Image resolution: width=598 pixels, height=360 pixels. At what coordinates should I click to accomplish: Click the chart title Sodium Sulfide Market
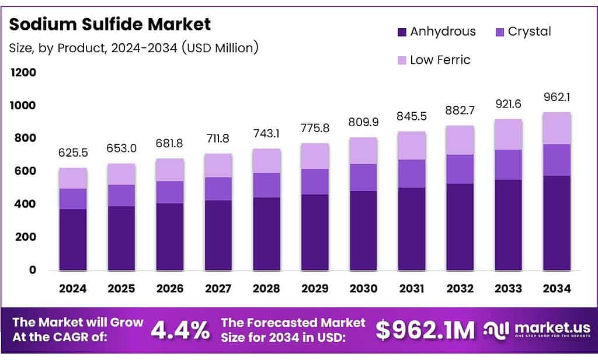pos(110,25)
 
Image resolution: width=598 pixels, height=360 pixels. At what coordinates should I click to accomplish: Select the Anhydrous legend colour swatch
pos(401,32)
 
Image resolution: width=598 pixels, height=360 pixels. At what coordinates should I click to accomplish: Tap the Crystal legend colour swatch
pos(499,32)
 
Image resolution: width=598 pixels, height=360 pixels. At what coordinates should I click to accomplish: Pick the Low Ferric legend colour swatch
pos(401,60)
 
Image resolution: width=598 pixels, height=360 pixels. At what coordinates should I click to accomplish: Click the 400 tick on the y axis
pos(25,204)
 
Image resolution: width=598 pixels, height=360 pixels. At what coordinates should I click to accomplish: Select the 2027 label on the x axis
pos(218,288)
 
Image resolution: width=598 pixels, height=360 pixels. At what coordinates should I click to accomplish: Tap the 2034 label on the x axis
pos(557,288)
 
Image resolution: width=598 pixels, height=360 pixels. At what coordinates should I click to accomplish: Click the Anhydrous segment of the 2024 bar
pos(72,240)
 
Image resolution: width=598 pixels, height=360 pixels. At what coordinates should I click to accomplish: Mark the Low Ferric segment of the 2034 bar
pos(557,129)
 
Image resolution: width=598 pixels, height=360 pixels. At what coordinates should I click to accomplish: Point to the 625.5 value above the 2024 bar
pos(72,153)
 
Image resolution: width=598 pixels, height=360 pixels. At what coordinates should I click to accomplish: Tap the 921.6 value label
pos(509,103)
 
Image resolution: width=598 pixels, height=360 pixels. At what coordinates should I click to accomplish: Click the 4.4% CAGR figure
pos(180,331)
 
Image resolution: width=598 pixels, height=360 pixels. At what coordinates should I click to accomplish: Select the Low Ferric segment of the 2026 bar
pos(170,170)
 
